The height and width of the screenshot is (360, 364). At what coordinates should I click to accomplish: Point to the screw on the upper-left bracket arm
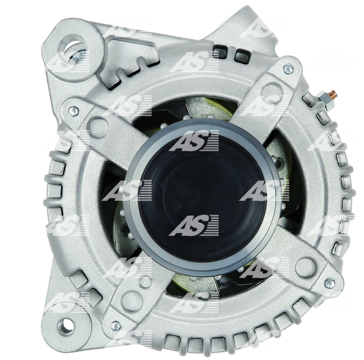74,111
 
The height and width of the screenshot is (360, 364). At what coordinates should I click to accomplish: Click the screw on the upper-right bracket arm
288,69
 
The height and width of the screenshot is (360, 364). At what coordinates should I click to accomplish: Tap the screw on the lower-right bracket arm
329,283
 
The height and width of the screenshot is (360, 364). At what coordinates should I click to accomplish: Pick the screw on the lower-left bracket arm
116,326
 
